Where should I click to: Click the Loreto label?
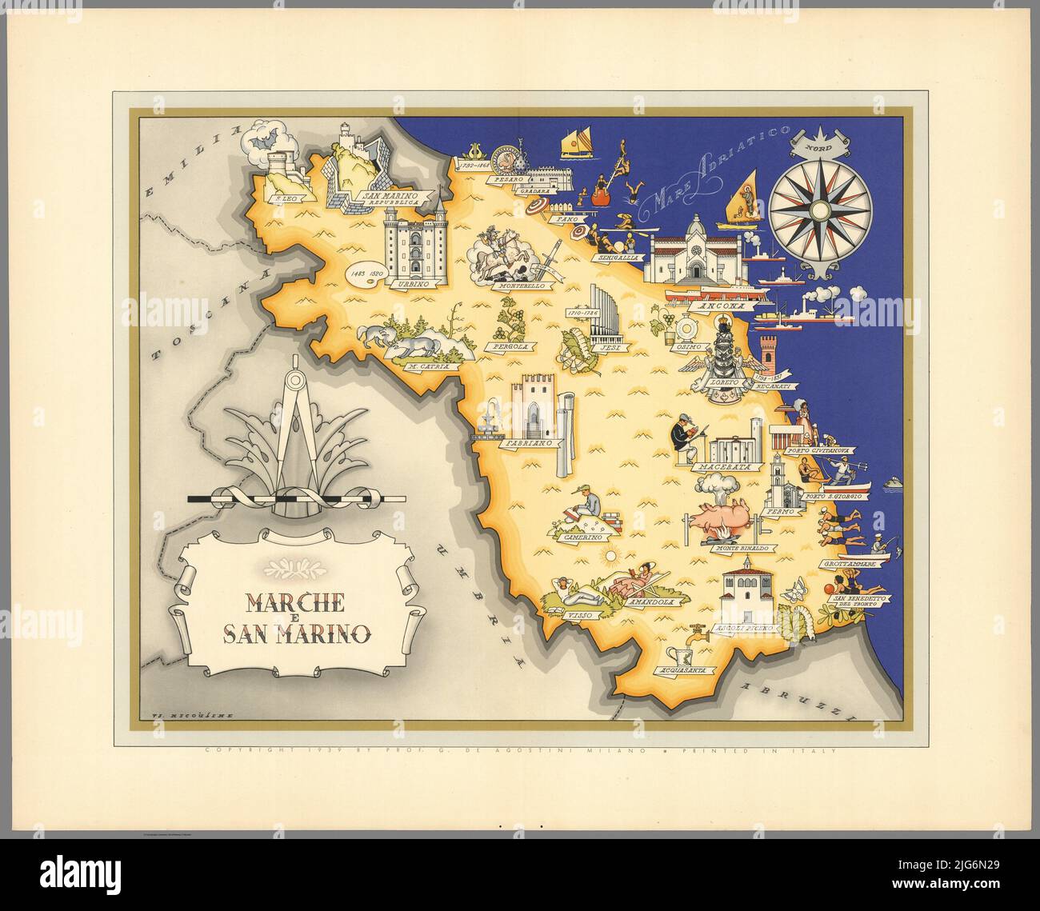pos(720,383)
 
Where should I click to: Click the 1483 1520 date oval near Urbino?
pos(366,273)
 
